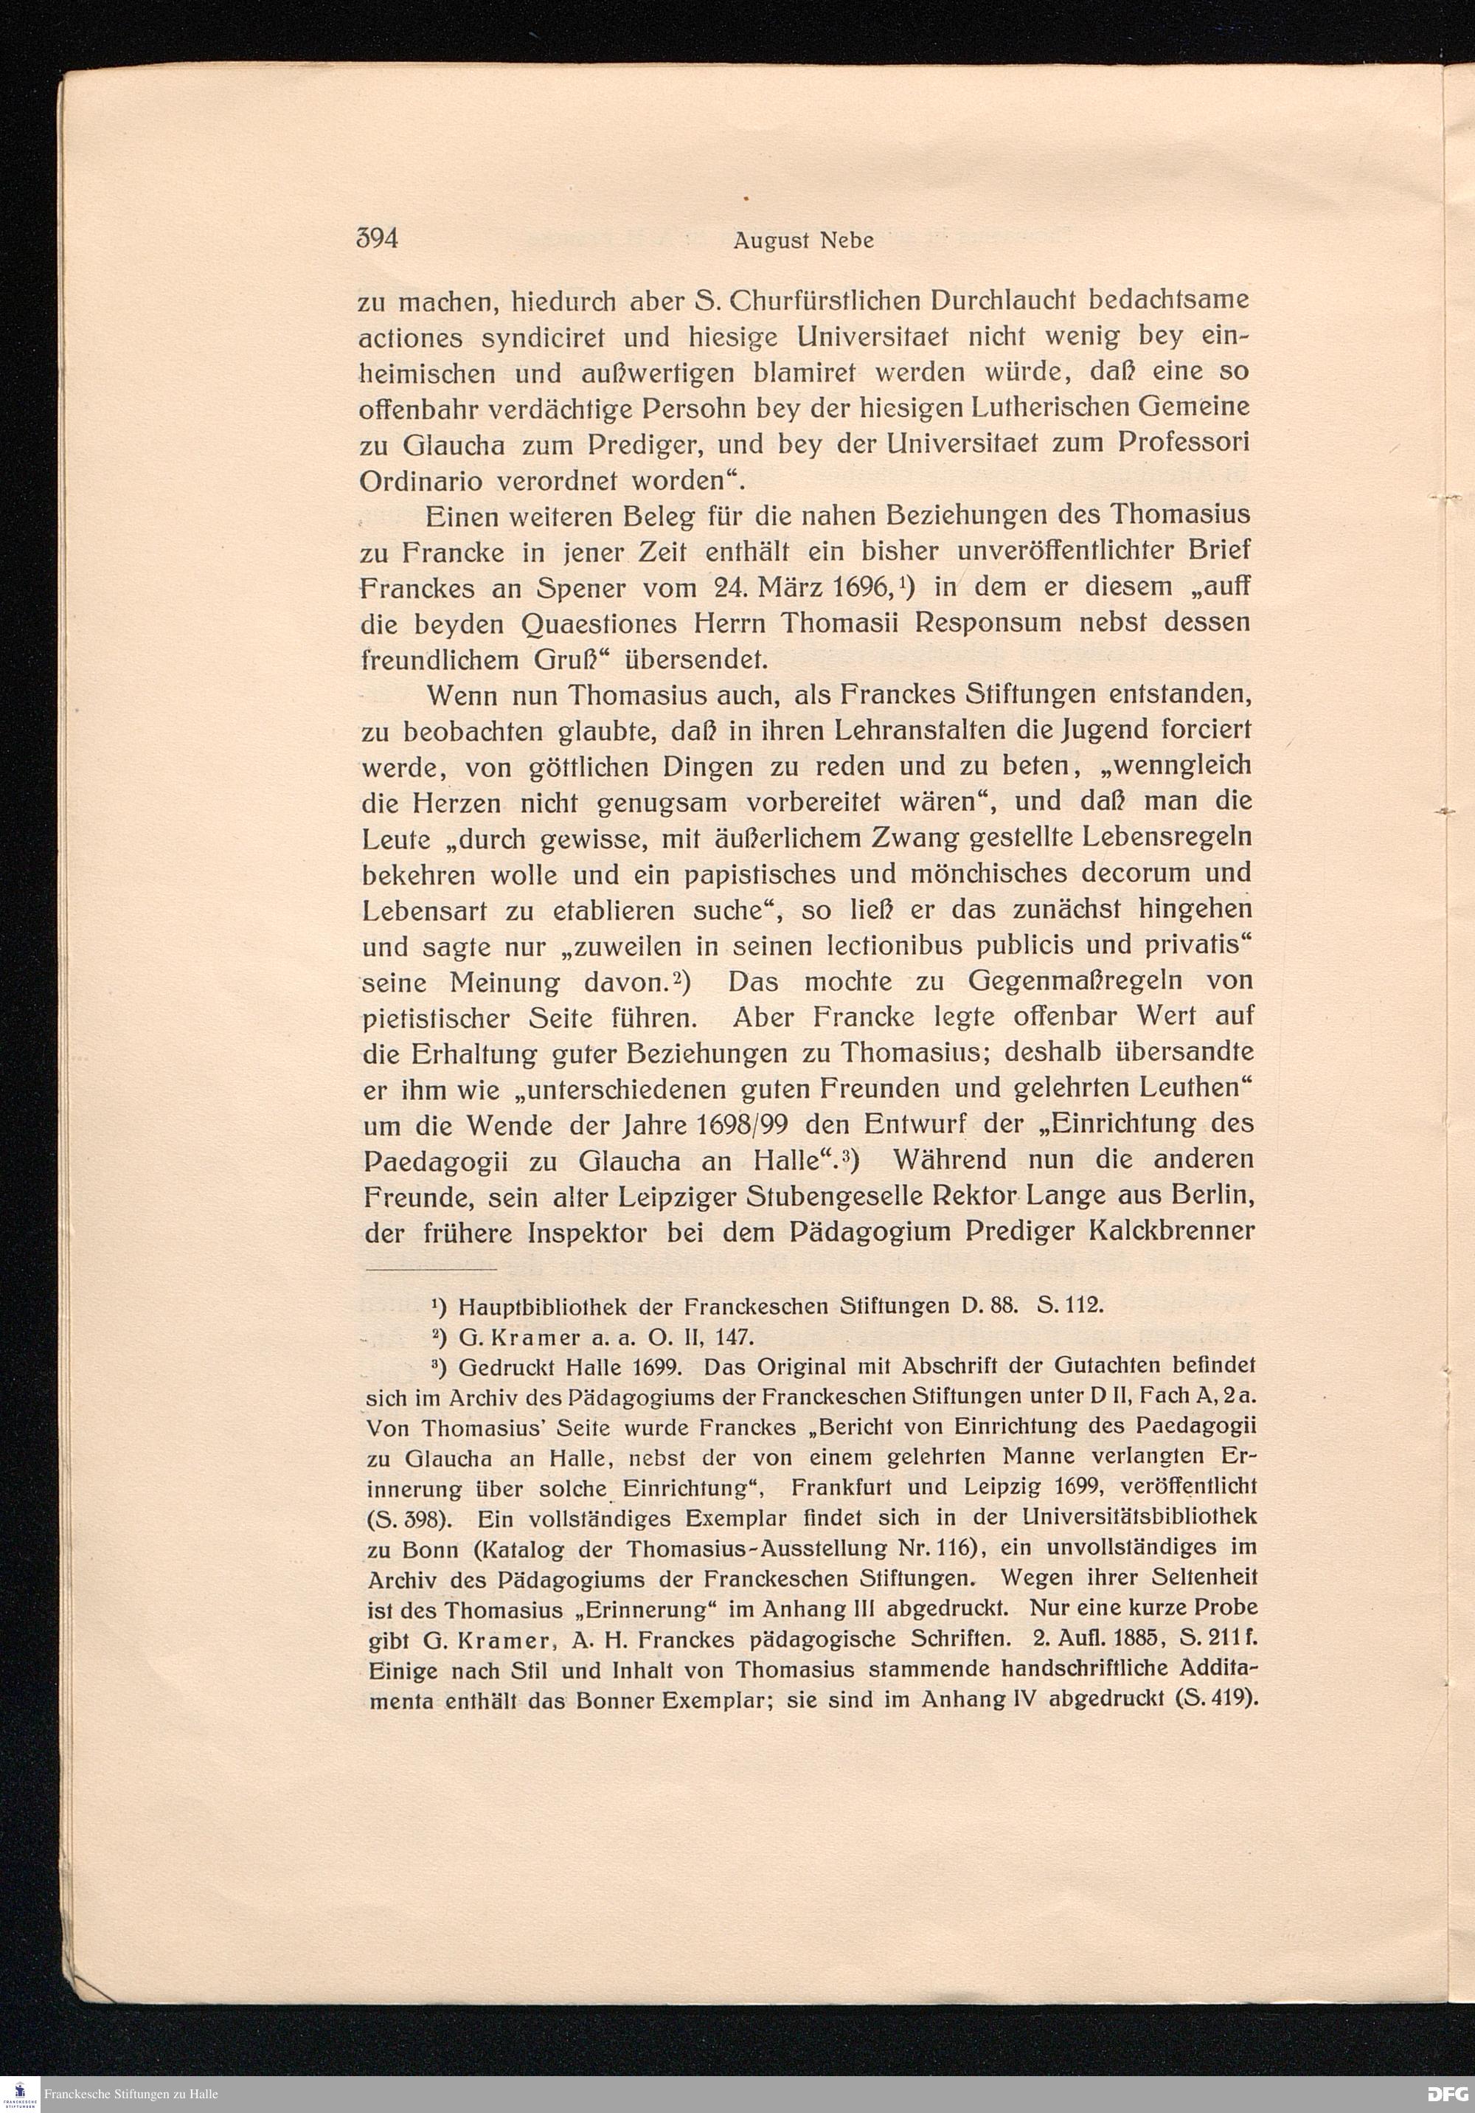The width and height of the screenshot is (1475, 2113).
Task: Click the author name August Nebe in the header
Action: click(x=802, y=242)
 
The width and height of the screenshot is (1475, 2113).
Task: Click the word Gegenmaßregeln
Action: click(x=1055, y=983)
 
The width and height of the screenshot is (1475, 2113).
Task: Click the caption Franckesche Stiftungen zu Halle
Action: click(x=130, y=2094)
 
